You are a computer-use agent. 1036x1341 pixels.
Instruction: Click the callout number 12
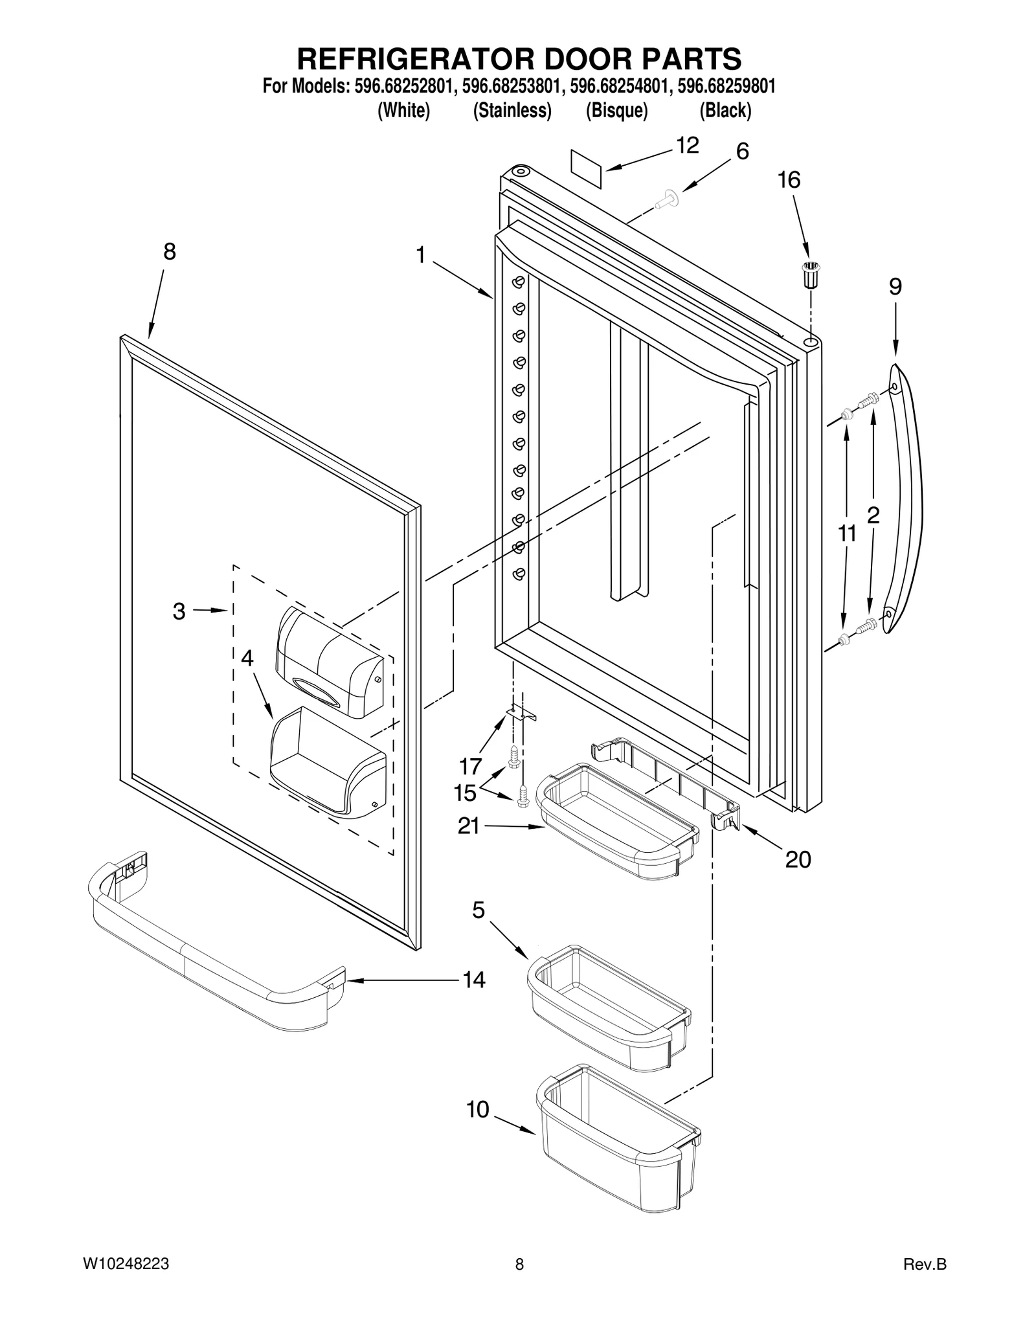click(x=687, y=146)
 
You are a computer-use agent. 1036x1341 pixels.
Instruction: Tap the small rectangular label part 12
click(x=586, y=168)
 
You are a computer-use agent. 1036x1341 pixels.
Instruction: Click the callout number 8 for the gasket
click(x=169, y=252)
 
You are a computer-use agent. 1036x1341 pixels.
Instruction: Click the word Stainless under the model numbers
click(x=512, y=111)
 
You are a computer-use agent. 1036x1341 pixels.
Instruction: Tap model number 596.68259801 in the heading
click(x=726, y=86)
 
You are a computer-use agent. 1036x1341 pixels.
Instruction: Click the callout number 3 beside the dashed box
click(x=179, y=611)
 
